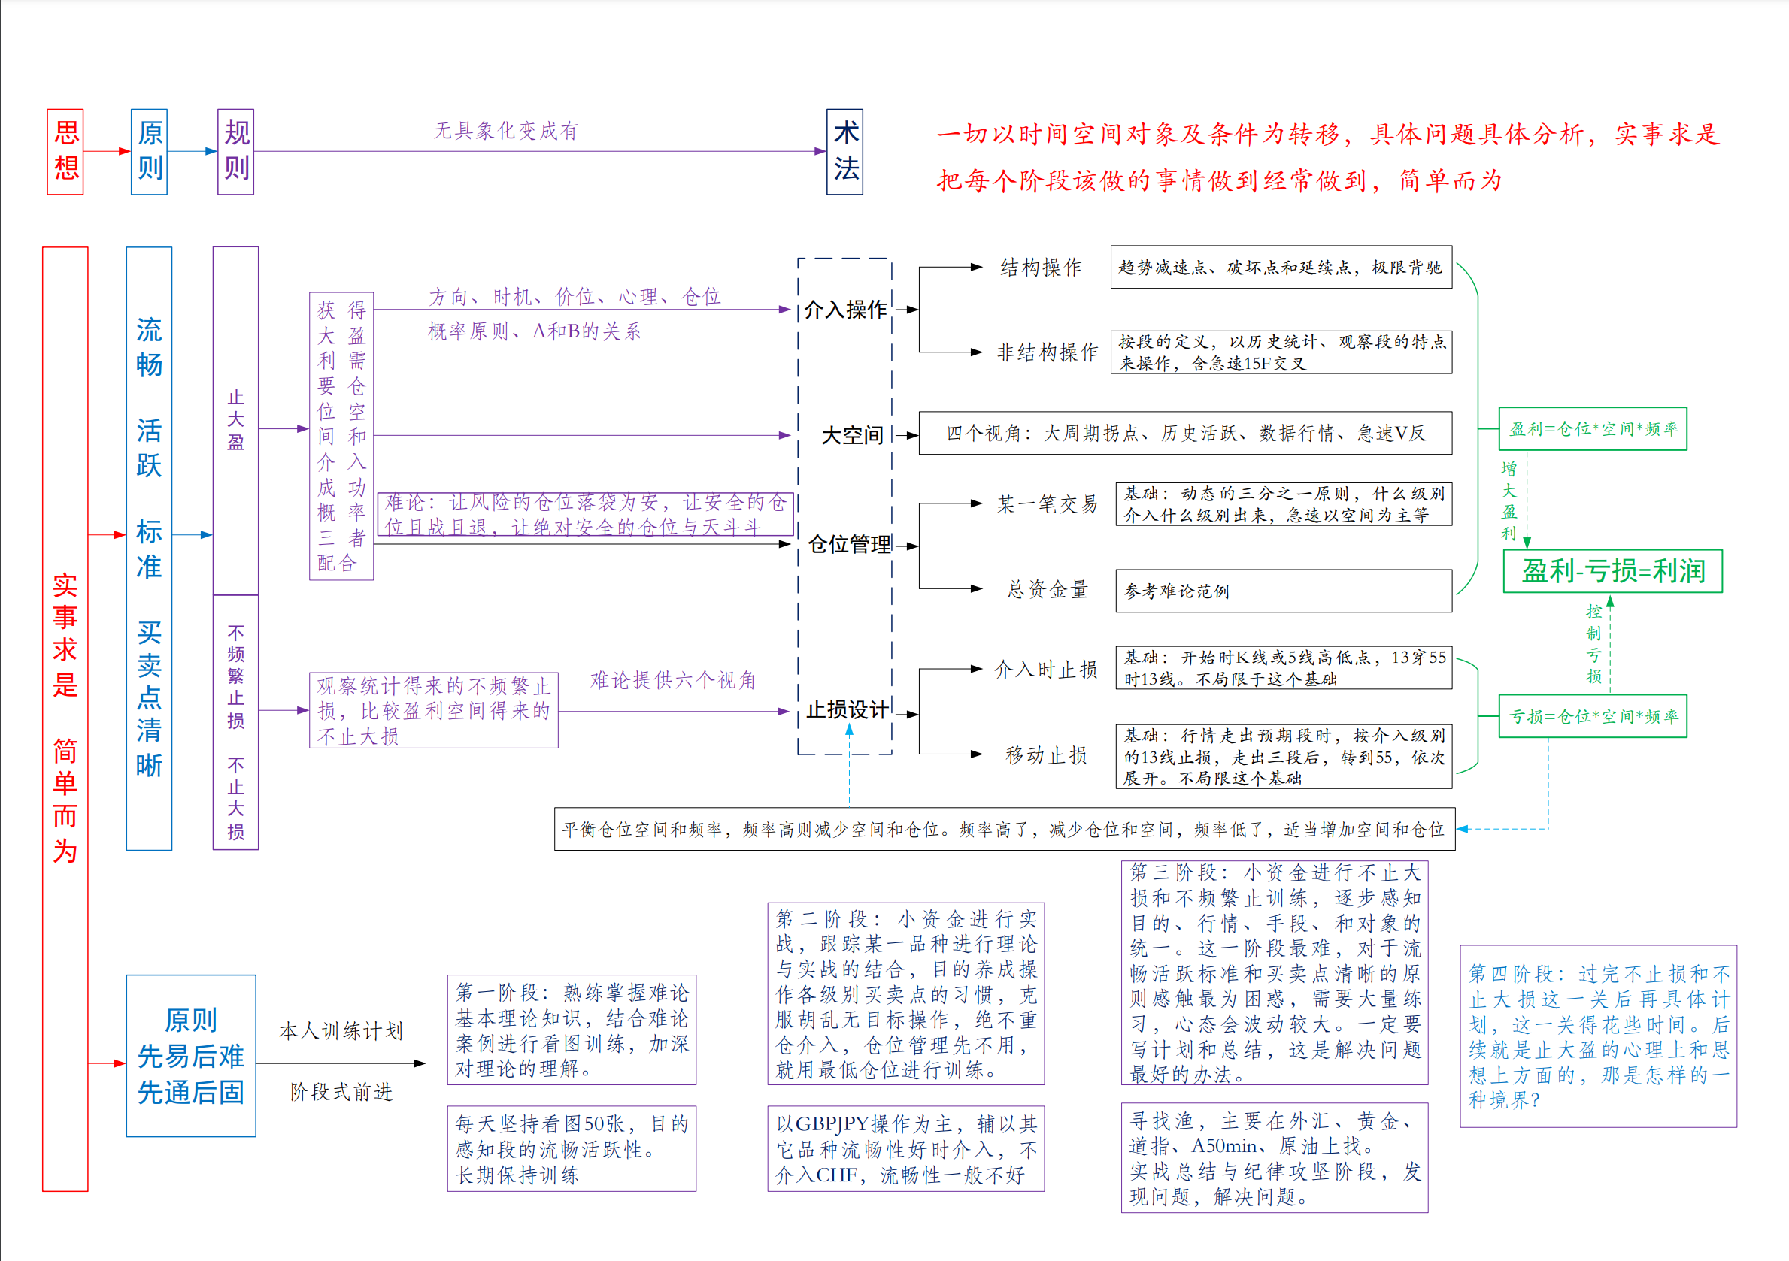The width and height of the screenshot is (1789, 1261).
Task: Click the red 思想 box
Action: [65, 152]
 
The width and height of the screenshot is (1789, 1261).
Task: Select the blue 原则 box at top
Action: [150, 152]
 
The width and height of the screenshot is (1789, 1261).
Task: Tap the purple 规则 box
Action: [236, 152]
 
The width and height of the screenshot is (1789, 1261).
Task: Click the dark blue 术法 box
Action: [844, 152]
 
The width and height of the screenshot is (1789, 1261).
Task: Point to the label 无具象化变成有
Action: [505, 131]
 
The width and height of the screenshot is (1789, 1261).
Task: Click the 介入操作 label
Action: [845, 310]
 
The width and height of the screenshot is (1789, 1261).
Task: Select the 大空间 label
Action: [853, 435]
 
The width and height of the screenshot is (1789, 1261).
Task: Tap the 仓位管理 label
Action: [849, 544]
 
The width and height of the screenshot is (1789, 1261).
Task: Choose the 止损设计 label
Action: [847, 709]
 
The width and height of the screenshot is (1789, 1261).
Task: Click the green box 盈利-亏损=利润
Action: [1612, 571]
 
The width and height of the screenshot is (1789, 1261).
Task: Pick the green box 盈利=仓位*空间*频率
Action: [1593, 428]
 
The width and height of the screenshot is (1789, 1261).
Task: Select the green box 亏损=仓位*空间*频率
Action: [1593, 715]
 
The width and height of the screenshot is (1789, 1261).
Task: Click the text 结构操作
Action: [1041, 267]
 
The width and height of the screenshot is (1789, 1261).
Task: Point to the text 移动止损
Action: [1046, 754]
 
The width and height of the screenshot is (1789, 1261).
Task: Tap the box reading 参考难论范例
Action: [1284, 591]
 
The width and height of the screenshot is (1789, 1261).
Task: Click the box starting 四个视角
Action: [1185, 433]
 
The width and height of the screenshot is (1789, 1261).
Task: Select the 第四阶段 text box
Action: [1598, 1036]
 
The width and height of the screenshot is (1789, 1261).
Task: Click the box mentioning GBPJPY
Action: [905, 1149]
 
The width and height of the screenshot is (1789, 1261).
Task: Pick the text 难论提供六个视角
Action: [673, 680]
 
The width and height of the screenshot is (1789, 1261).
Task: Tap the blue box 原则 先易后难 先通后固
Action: [191, 1055]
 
